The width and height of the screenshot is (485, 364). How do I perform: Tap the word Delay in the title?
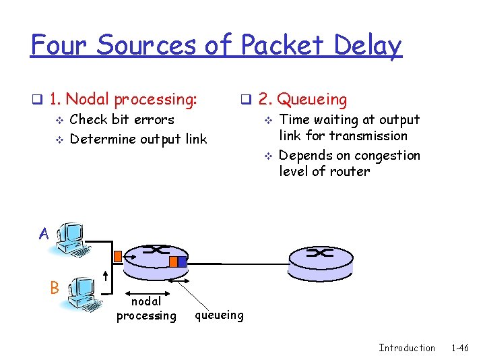[368, 46]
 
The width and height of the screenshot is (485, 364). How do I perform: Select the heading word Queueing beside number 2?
[313, 100]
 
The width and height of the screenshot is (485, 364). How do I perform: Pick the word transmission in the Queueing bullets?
[368, 136]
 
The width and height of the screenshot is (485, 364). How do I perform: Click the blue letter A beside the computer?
[44, 234]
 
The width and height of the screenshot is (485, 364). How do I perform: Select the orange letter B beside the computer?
[55, 287]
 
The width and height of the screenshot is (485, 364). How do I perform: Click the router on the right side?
[320, 260]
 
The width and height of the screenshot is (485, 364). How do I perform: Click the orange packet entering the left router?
[118, 256]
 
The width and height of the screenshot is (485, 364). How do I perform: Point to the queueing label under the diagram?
[219, 315]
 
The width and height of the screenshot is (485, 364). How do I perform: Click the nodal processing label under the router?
[146, 309]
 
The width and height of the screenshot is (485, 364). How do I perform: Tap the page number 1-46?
[460, 348]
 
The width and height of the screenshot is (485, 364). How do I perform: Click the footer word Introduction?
[407, 348]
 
